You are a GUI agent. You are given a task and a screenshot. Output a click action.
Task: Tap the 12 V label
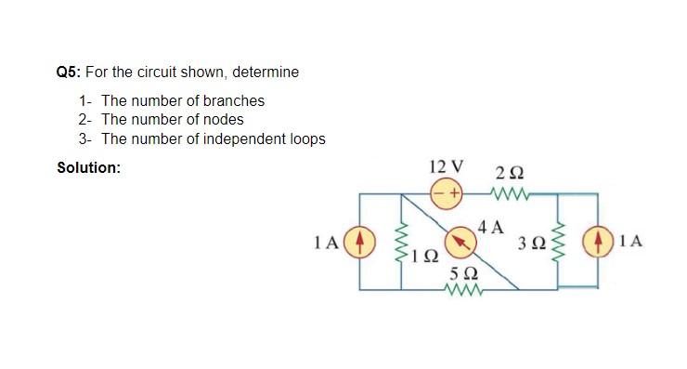[447, 167]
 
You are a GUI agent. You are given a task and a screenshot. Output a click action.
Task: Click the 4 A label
[490, 226]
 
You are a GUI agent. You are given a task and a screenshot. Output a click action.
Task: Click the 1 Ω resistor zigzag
[402, 244]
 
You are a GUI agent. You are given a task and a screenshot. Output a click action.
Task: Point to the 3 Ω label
[533, 244]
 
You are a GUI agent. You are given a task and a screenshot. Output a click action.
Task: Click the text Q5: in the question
[69, 72]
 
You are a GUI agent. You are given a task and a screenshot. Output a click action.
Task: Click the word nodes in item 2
[224, 119]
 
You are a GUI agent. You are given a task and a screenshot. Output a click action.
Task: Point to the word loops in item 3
[305, 138]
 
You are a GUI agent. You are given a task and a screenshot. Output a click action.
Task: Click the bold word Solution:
[88, 167]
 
